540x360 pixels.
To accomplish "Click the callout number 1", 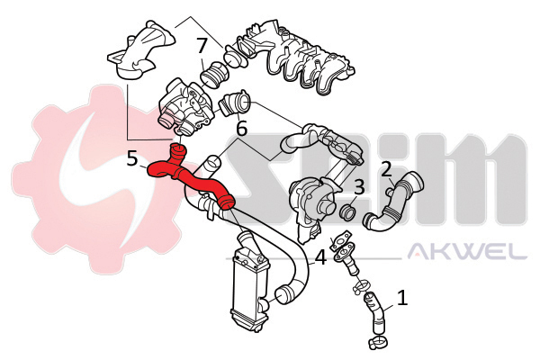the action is [x=402, y=298].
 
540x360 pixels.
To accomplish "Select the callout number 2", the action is [x=386, y=170].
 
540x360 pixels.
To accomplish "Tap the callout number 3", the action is [x=359, y=188].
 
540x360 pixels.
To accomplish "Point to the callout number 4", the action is [x=320, y=257].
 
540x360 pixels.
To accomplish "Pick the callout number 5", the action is [x=132, y=159].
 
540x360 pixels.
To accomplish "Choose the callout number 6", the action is [x=241, y=129].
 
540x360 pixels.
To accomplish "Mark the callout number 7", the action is [x=202, y=46].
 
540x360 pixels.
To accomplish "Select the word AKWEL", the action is [x=467, y=251].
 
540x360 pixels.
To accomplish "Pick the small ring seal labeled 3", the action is [x=347, y=212].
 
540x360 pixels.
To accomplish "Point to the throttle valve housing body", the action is [x=186, y=107].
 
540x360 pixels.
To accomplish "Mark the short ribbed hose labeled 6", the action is [x=234, y=104].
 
